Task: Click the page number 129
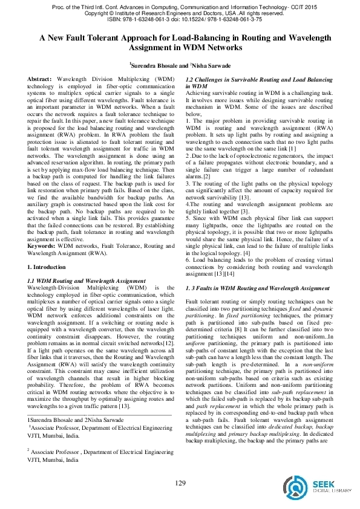[180, 482]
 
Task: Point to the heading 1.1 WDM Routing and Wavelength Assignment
[87, 281]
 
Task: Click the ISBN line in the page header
[180, 18]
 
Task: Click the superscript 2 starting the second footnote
[29, 449]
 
